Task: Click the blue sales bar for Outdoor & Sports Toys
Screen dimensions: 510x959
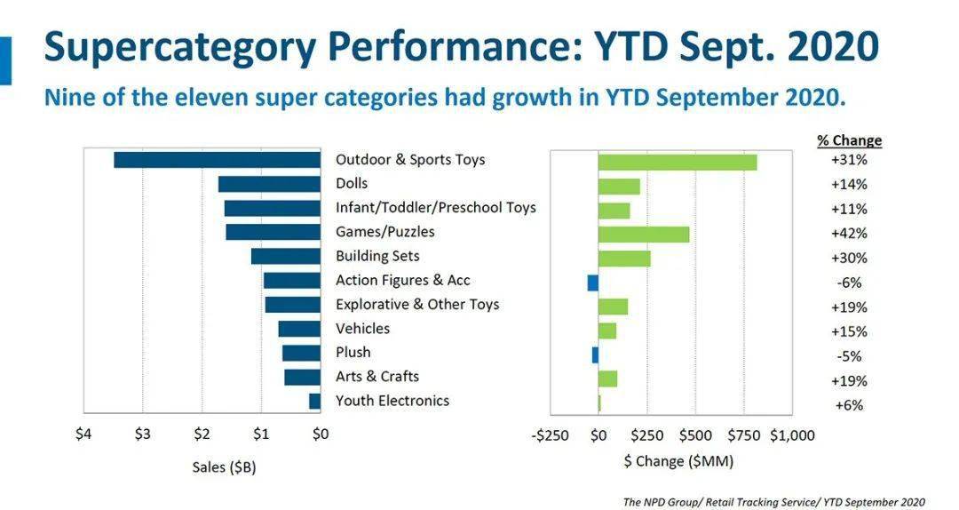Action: (x=217, y=160)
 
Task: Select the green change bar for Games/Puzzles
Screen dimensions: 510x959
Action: (x=644, y=234)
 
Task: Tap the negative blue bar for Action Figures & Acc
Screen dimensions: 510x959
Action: (x=592, y=283)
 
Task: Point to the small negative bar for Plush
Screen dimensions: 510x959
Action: (x=595, y=355)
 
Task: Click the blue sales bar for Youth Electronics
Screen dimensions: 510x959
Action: (x=314, y=401)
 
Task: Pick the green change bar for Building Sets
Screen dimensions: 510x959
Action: (x=624, y=258)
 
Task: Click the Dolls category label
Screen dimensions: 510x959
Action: (x=352, y=184)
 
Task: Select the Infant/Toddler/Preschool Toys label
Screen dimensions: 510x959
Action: (x=435, y=208)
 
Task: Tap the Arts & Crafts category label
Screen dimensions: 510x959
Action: (x=377, y=377)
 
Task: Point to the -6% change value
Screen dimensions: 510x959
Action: (x=849, y=283)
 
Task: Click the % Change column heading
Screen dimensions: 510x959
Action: (x=849, y=140)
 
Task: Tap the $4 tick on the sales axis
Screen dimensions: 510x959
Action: (x=83, y=434)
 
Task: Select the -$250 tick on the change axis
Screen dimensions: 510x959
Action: (x=551, y=435)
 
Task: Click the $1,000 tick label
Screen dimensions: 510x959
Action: (x=792, y=435)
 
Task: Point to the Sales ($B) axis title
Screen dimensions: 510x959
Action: (x=224, y=467)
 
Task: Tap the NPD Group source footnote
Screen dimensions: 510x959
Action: (x=773, y=502)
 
